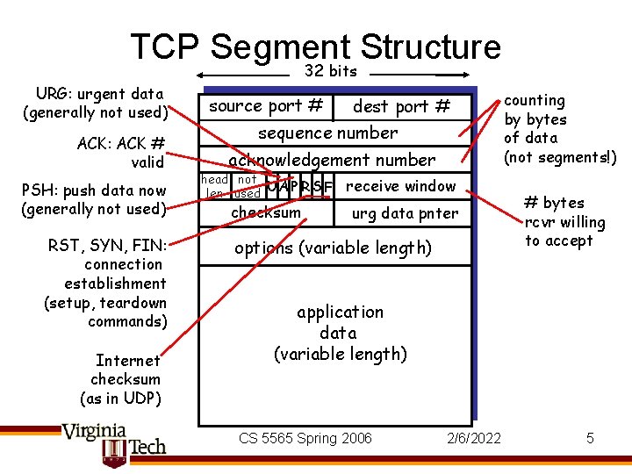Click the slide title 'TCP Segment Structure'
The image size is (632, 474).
[x=315, y=47]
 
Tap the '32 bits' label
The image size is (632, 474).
[x=330, y=71]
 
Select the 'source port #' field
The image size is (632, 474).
[x=266, y=106]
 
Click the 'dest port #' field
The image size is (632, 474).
[x=400, y=107]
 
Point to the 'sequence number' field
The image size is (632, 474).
[x=327, y=133]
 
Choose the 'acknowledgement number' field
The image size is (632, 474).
[x=332, y=160]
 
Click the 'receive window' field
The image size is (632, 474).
[x=400, y=185]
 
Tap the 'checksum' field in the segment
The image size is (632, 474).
[x=265, y=212]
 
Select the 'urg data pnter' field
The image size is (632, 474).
[x=405, y=212]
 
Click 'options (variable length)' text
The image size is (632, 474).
[x=333, y=248]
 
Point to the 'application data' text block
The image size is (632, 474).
[x=340, y=333]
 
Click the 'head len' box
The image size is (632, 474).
[x=214, y=186]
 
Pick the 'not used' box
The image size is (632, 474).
[x=247, y=186]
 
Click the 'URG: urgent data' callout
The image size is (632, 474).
[x=96, y=103]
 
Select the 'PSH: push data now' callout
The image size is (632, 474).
[x=94, y=199]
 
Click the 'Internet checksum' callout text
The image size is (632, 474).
[x=126, y=378]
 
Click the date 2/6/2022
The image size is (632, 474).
[x=474, y=438]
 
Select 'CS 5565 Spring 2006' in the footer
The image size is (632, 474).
[x=305, y=438]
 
